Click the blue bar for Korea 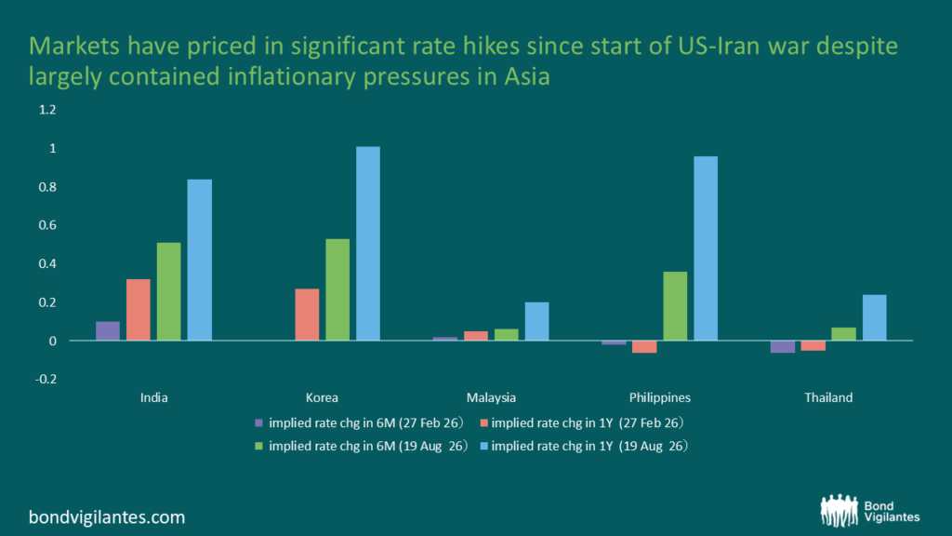(x=368, y=243)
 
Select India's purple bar (x=108, y=330)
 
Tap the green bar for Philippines (x=675, y=305)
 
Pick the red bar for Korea (x=307, y=315)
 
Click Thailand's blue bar (x=874, y=317)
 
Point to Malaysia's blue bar (x=536, y=321)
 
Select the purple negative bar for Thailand (x=783, y=346)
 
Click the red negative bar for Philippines (x=644, y=346)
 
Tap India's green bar (x=169, y=291)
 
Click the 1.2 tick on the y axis (x=47, y=110)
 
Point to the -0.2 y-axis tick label (x=46, y=380)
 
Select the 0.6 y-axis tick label (x=47, y=225)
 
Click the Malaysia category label (x=491, y=397)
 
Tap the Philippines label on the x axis (x=660, y=397)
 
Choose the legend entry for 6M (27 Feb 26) (x=360, y=423)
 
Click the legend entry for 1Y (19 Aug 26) (x=584, y=446)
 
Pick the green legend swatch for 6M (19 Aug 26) (x=258, y=446)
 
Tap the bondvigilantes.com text (x=107, y=517)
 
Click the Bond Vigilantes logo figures (x=840, y=510)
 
